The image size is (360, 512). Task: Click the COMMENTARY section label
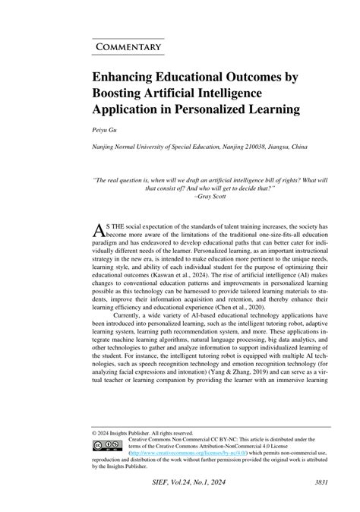click(128, 47)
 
